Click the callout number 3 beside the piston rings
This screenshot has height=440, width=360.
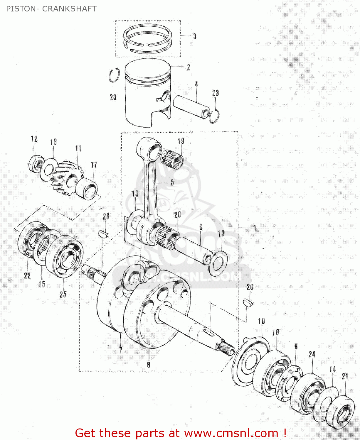(x=194, y=36)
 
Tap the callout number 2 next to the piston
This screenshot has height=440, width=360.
(x=188, y=67)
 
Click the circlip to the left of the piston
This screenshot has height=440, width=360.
(x=114, y=76)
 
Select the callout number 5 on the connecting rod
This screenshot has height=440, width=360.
(x=172, y=182)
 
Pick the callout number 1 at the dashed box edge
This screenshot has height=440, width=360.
(x=255, y=228)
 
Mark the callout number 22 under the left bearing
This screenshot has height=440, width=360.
(x=27, y=275)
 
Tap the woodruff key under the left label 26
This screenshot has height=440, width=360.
(x=103, y=233)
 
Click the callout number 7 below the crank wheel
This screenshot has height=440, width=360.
(x=120, y=350)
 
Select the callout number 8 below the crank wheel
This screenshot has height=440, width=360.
(x=149, y=365)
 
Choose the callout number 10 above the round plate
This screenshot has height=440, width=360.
(x=261, y=321)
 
